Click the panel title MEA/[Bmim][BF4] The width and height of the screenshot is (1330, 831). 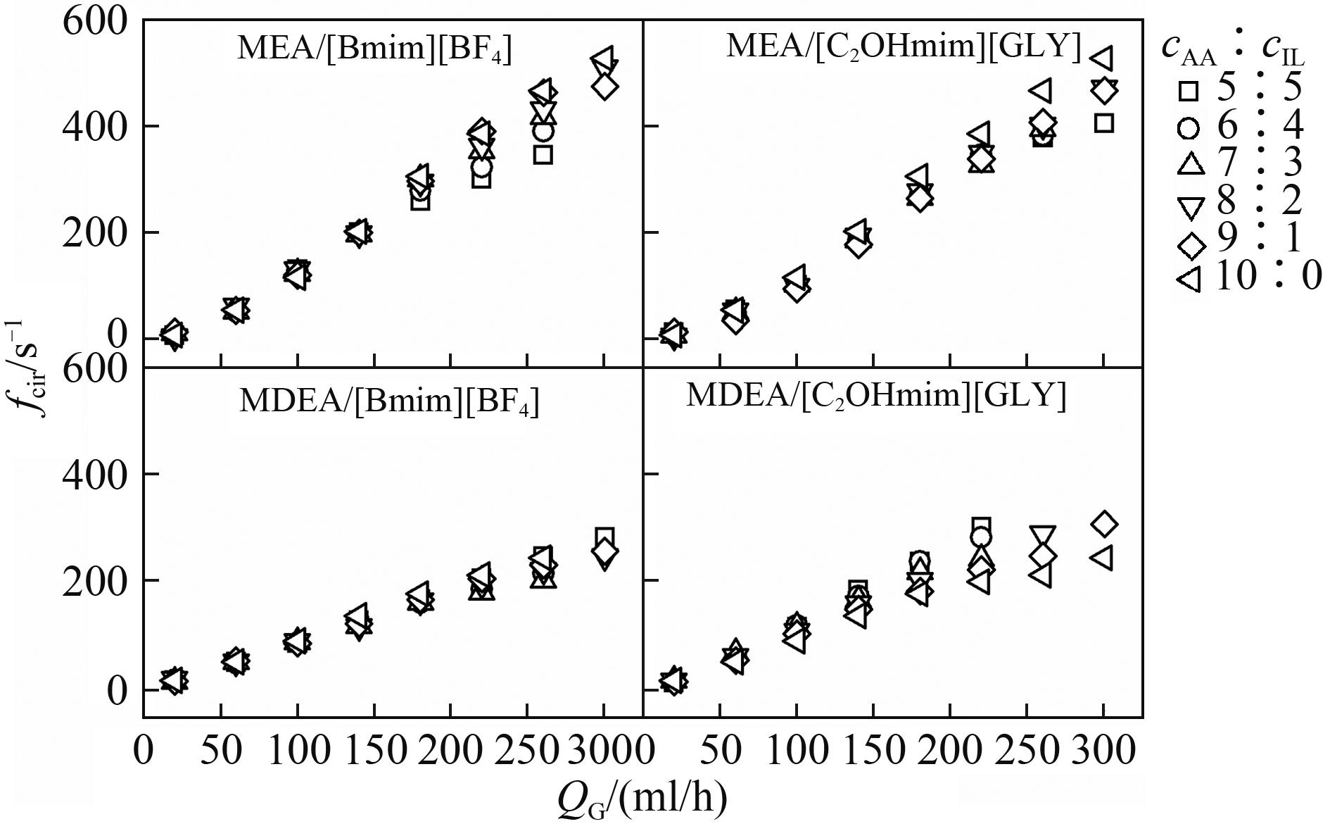click(x=374, y=49)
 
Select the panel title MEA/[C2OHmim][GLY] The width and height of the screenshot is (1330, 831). click(x=903, y=46)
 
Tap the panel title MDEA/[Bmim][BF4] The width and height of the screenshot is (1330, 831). click(x=388, y=401)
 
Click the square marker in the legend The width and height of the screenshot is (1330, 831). click(x=1189, y=91)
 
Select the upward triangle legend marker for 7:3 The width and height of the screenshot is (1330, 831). click(x=1189, y=164)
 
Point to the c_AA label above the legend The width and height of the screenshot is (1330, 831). click(x=1189, y=49)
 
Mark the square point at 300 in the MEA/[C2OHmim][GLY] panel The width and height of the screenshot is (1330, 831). click(x=1103, y=123)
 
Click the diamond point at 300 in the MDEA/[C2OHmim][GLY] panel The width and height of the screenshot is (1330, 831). click(x=1104, y=524)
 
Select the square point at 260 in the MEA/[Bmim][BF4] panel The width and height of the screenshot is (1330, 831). click(x=543, y=155)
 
